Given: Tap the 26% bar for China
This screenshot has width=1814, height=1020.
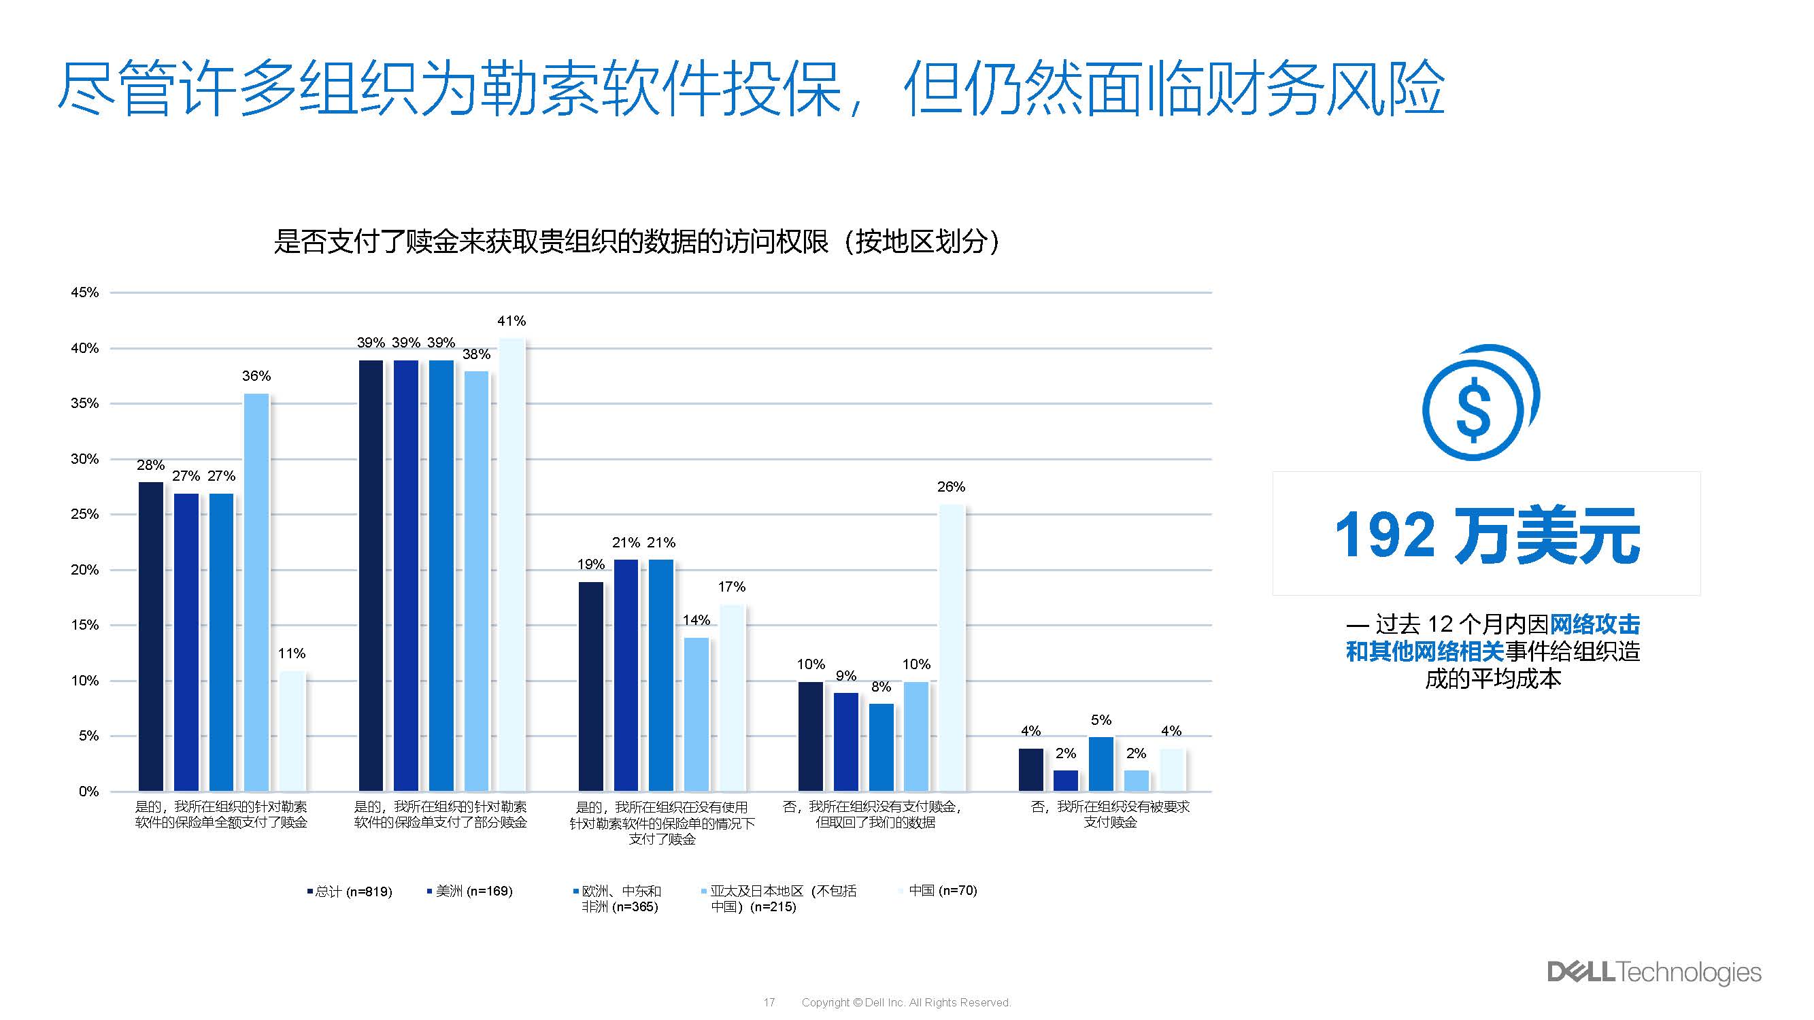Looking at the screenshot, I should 952,647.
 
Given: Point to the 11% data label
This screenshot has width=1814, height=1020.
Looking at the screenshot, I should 292,653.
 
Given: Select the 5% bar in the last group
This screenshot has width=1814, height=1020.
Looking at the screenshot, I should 1101,764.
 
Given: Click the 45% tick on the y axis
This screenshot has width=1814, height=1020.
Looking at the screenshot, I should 84,292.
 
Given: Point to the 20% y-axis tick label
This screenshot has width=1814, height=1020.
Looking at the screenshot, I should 84,569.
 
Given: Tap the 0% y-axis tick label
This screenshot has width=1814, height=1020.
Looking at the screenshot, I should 88,792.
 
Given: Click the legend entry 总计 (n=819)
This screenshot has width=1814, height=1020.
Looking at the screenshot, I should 350,891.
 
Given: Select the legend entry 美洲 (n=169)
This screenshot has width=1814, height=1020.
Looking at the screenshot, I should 471,891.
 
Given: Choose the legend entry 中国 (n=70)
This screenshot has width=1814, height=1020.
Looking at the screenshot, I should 939,891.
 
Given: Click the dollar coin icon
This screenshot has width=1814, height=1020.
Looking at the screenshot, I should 1479,403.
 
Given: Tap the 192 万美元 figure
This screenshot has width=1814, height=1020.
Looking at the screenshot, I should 1487,535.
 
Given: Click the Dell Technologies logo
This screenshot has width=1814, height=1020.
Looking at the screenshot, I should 1653,972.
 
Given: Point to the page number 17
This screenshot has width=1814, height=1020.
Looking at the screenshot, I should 769,1002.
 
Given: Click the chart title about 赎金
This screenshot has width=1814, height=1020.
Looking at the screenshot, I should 636,241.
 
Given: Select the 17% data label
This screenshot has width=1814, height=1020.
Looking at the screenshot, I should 732,586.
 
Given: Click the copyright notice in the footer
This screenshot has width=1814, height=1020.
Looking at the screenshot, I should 905,1002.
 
